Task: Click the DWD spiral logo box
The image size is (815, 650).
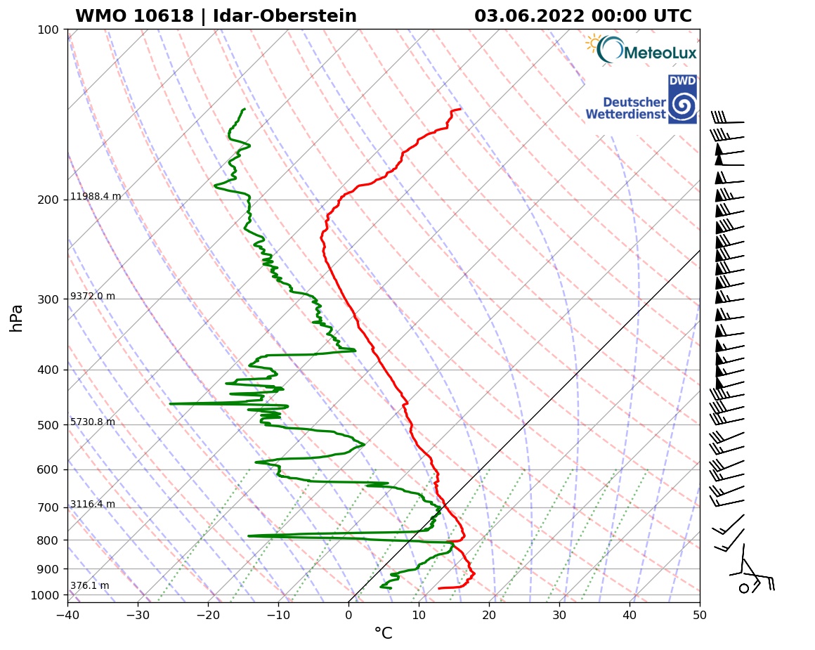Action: [682, 99]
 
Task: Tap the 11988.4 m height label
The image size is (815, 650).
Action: [96, 197]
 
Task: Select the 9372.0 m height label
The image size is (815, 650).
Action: [93, 297]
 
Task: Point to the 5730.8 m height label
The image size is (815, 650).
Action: [93, 422]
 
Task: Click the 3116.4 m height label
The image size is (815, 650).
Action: [93, 505]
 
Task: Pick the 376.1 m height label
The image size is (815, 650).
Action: [90, 586]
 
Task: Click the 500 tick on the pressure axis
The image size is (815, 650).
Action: [48, 425]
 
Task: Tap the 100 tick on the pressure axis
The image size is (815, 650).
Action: [48, 30]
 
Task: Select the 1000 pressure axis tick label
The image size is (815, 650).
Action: [45, 596]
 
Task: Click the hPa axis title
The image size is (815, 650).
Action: [17, 318]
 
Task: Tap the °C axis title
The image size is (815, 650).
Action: [383, 634]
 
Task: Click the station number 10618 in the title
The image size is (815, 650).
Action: [158, 16]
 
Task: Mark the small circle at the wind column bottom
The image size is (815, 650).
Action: [744, 588]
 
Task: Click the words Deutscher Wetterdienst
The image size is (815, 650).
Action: [625, 108]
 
